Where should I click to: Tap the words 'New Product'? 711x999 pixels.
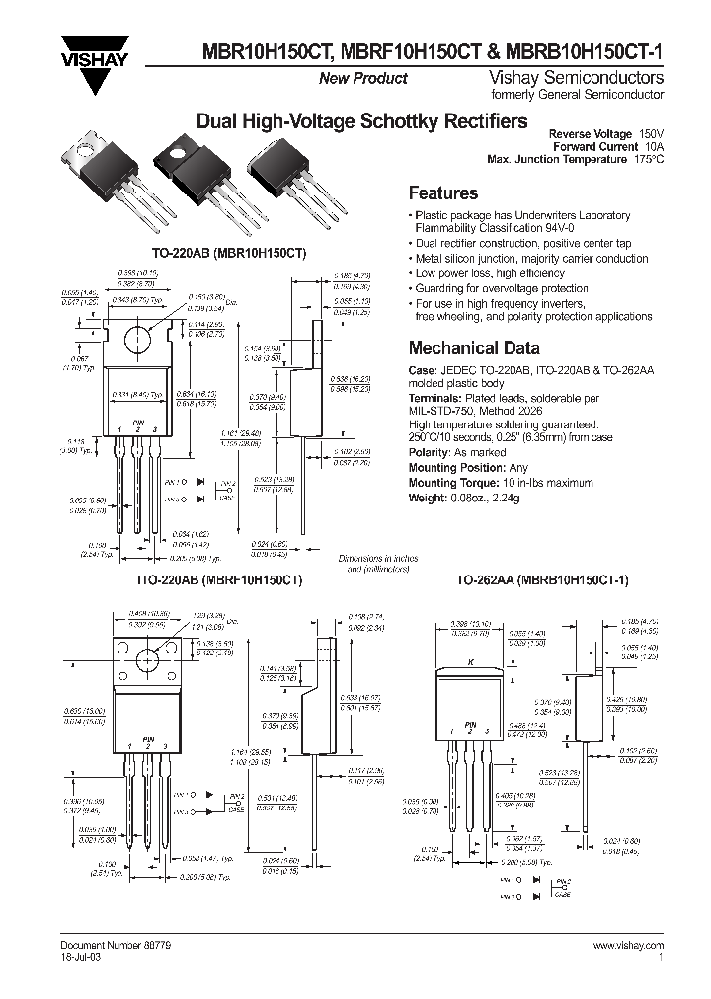pos(362,79)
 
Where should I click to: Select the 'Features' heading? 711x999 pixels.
pos(442,193)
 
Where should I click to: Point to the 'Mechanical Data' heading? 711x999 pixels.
pos(474,347)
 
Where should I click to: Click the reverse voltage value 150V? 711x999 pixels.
pos(650,133)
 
